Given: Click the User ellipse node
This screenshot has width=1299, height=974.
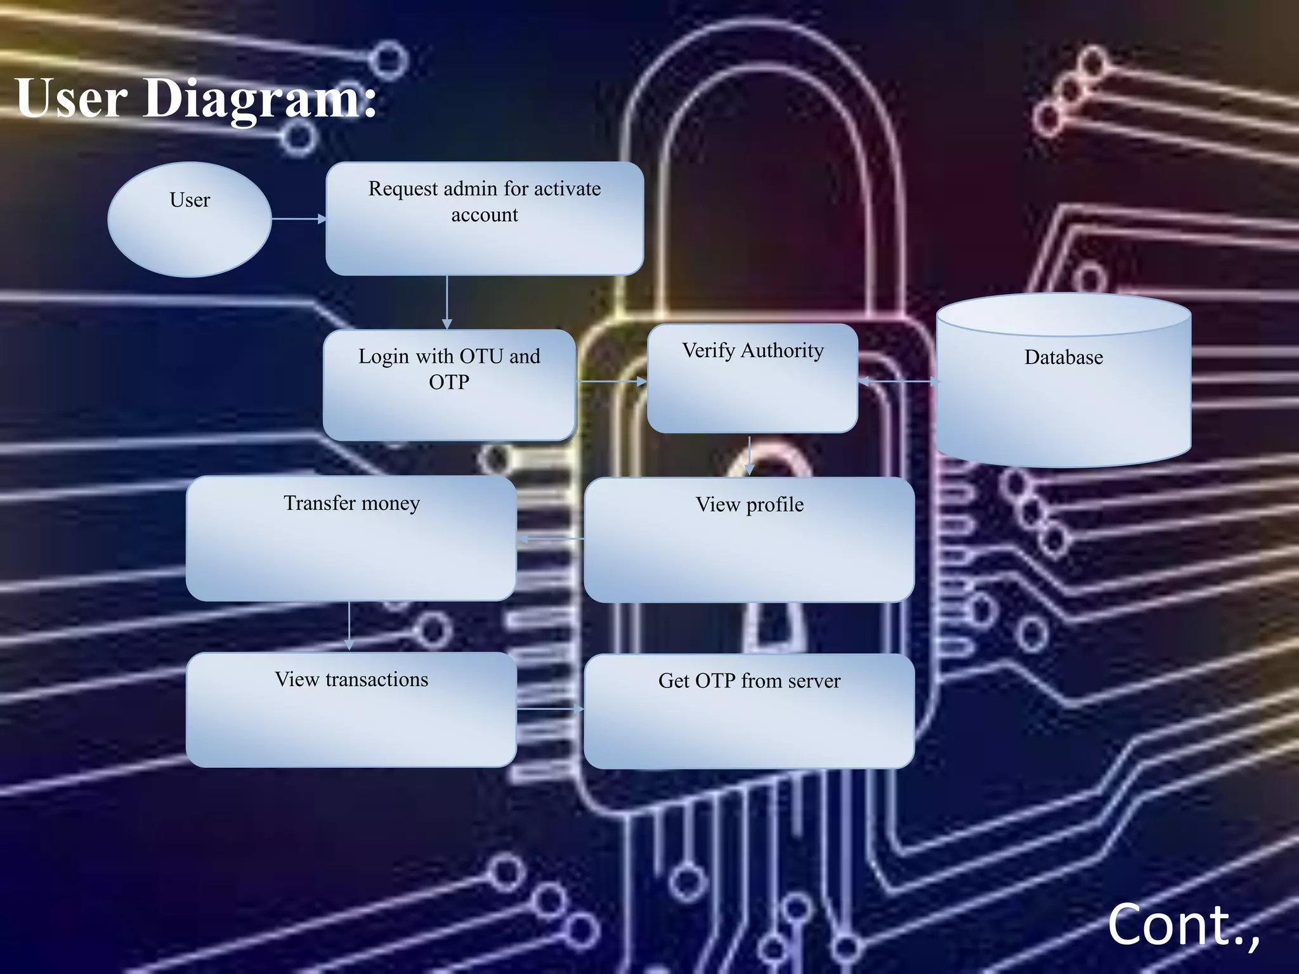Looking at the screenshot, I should click(x=190, y=219).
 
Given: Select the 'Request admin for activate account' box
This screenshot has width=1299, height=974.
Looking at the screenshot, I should click(x=485, y=219).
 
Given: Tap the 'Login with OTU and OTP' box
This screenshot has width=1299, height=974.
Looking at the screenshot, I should click(x=449, y=385).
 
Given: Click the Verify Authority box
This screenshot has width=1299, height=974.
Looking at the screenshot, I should click(x=752, y=379).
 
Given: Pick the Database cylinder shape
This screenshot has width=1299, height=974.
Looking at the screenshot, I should click(x=1063, y=380).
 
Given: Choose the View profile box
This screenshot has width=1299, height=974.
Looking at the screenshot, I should click(x=749, y=540).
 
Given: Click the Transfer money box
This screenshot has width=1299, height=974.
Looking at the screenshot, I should click(x=351, y=538).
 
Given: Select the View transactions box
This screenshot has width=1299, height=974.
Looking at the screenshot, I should click(x=351, y=710).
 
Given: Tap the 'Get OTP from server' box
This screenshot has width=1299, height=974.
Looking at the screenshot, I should click(x=749, y=711).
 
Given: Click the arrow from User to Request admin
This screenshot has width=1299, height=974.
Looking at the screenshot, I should click(x=299, y=219).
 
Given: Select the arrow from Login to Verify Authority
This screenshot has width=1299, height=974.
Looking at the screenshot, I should click(x=611, y=382).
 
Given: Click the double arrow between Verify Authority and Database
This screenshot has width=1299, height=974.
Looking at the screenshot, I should click(x=898, y=381).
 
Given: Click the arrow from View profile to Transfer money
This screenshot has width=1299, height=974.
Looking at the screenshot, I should click(x=551, y=539).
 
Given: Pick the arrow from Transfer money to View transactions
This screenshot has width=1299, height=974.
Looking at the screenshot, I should click(x=349, y=626).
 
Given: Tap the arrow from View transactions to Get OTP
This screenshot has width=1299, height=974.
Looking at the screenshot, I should click(x=550, y=709).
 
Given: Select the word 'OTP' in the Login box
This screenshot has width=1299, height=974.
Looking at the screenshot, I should click(x=449, y=382).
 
